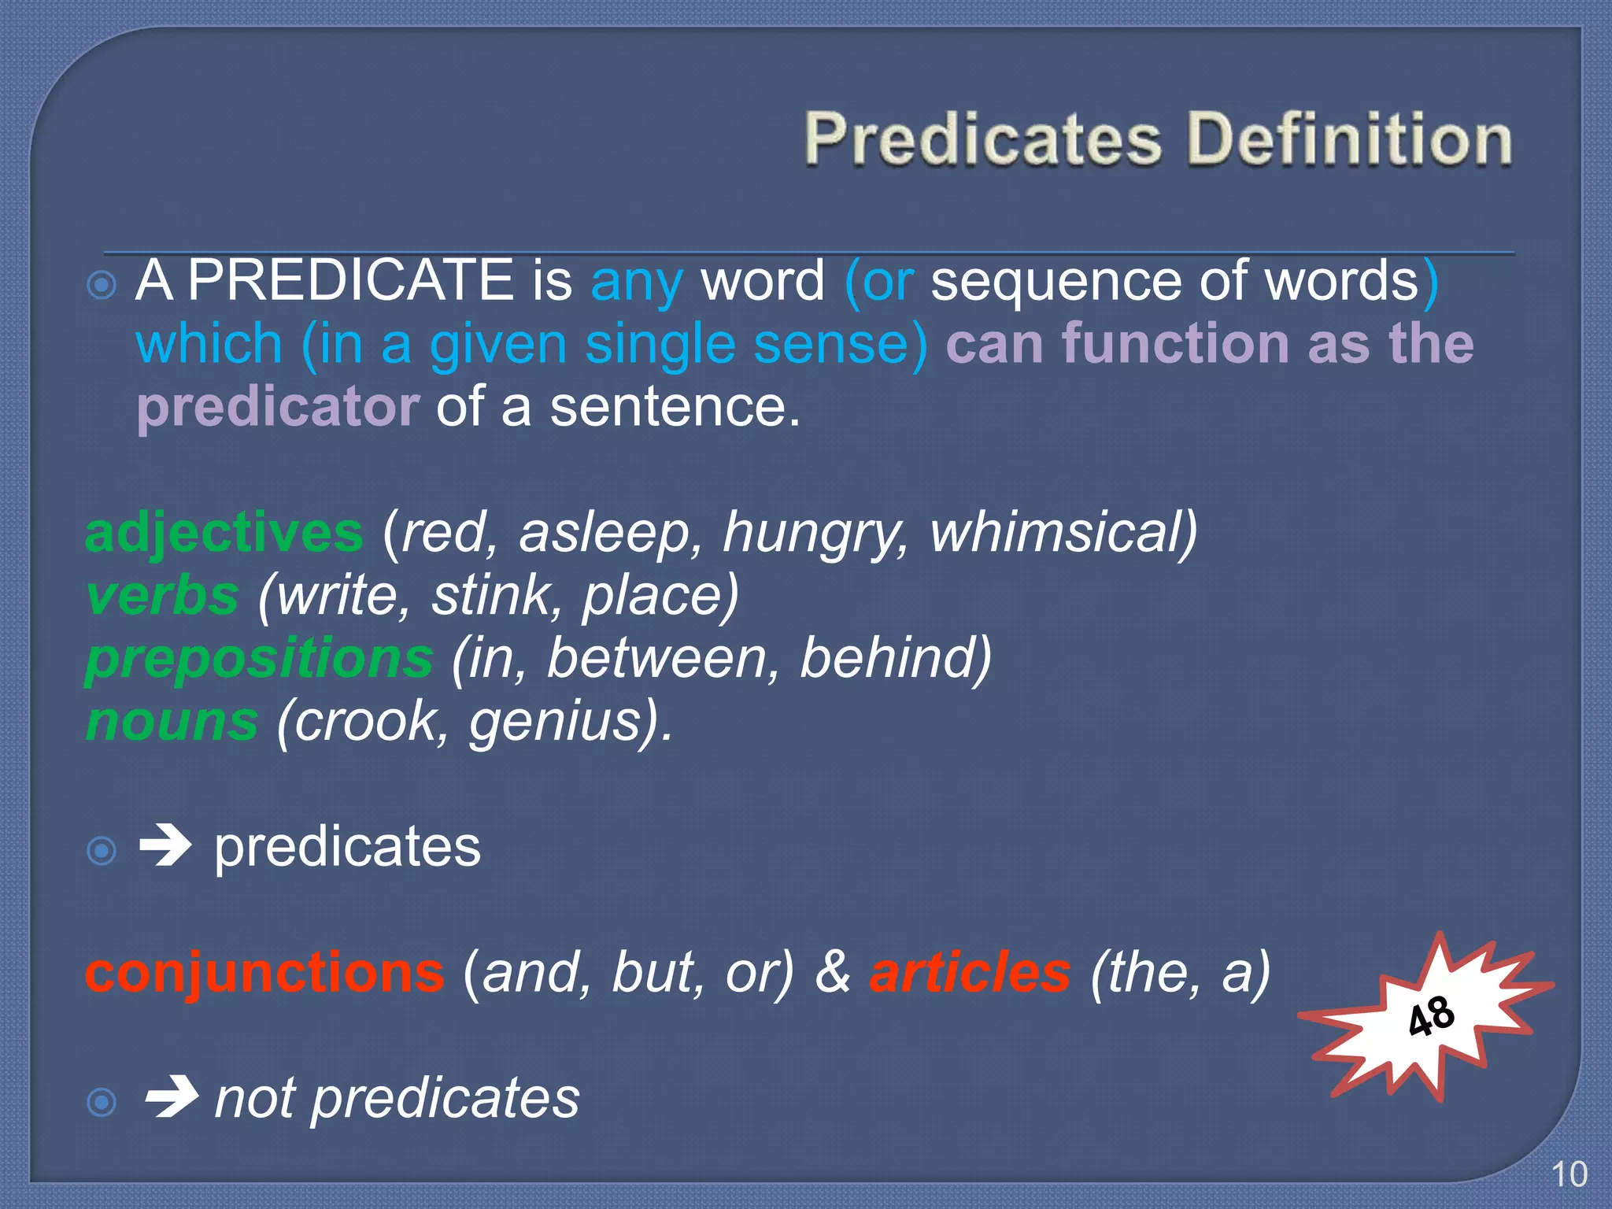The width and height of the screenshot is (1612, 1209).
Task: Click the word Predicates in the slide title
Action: tap(983, 139)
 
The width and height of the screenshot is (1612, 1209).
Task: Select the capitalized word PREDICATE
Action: tap(351, 280)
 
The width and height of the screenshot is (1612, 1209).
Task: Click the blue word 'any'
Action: tap(636, 283)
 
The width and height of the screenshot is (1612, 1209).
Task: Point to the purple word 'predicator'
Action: tap(278, 407)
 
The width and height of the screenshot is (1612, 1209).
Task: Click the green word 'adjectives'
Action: tap(224, 533)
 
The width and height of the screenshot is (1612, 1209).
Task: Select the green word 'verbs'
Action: tap(162, 595)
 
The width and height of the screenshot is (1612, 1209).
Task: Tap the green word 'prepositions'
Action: tap(259, 659)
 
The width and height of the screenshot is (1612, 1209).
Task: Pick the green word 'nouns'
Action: tap(172, 721)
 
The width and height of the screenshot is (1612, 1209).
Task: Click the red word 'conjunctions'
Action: tap(264, 973)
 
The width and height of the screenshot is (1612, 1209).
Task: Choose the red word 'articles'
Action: tap(970, 973)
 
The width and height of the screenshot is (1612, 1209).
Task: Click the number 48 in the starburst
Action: tap(1431, 1016)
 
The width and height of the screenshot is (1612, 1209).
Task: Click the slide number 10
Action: tap(1569, 1175)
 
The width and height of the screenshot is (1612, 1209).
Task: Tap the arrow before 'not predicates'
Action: tap(170, 1097)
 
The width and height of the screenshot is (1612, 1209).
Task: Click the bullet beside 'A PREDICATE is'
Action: tap(102, 285)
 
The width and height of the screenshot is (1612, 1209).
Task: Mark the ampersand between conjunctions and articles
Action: tap(832, 973)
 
